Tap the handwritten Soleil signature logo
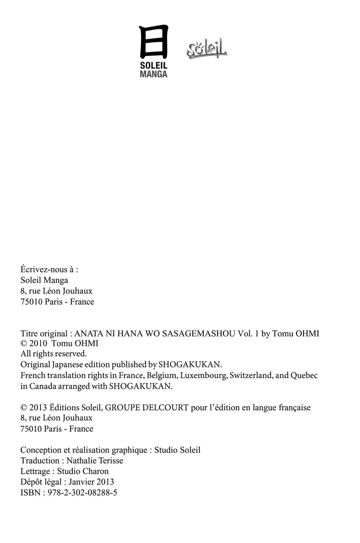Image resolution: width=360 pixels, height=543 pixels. pyautogui.click(x=207, y=49)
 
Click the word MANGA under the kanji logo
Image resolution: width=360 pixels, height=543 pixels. pyautogui.click(x=154, y=74)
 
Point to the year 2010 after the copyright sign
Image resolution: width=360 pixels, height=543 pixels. pyautogui.click(x=38, y=343)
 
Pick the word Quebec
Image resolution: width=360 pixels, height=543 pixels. pyautogui.click(x=304, y=375)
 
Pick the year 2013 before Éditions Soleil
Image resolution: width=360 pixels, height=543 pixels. pyautogui.click(x=38, y=408)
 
